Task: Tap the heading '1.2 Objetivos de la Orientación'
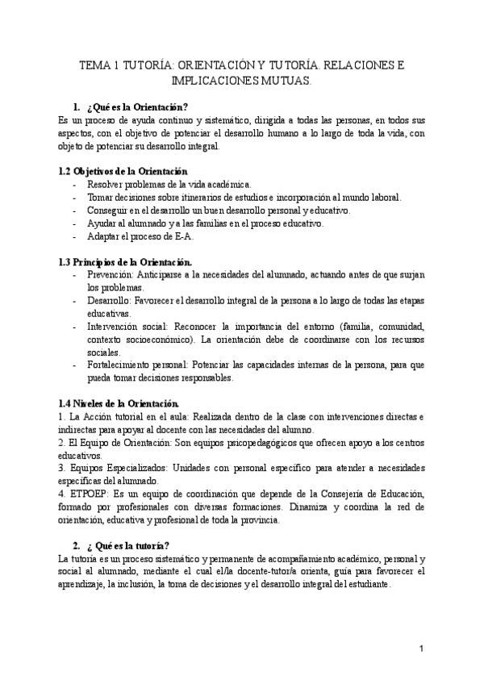[123, 171]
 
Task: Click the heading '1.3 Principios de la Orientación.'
[126, 262]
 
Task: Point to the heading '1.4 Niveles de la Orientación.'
[120, 402]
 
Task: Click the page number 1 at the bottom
[421, 648]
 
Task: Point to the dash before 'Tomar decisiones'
[74, 198]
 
